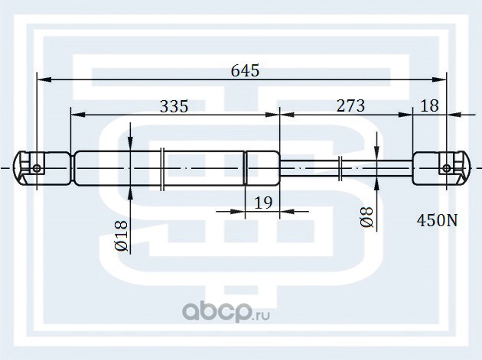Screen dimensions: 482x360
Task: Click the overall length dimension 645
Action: (x=245, y=71)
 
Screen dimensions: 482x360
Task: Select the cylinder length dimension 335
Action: (x=174, y=106)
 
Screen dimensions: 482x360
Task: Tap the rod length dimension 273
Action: (x=350, y=106)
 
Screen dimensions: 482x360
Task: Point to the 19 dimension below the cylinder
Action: (x=263, y=203)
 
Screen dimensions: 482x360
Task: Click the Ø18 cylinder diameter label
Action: (x=121, y=236)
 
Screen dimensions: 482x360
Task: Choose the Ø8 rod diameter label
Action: (x=366, y=218)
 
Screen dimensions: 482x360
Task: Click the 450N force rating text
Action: (x=437, y=221)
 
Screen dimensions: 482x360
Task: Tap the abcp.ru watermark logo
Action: (x=226, y=312)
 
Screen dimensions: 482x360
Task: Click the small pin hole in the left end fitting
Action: (x=37, y=168)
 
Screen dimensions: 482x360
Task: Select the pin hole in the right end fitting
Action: (x=447, y=168)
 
